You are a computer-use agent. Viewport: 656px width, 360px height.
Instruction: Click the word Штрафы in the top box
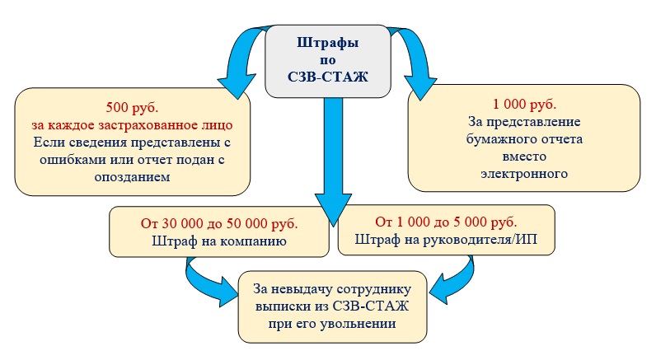coord(327,42)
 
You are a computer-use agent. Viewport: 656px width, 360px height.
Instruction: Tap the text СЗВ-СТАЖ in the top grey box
coord(327,79)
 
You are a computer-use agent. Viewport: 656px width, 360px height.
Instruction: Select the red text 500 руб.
coord(133,107)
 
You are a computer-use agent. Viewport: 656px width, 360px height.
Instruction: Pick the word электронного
coord(524,174)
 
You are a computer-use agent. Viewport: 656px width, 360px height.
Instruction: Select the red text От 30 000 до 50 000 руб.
coord(219,223)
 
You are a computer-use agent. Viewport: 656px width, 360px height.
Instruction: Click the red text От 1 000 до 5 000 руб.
coord(447,223)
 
